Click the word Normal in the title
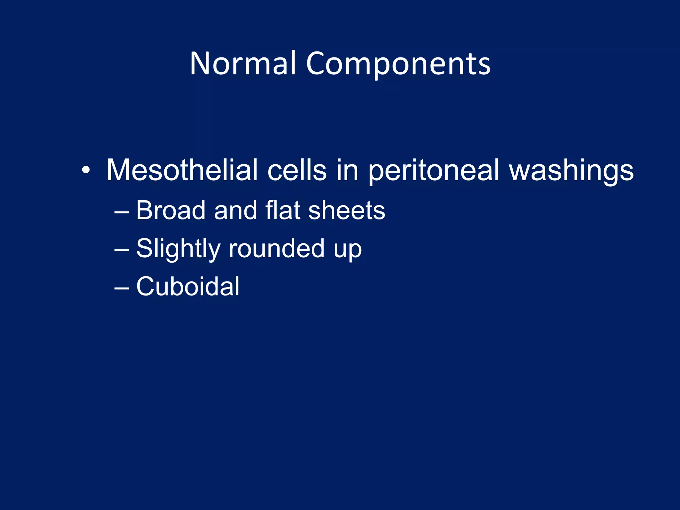(x=243, y=64)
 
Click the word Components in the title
(x=398, y=64)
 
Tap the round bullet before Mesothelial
(x=86, y=170)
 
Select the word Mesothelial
(x=182, y=170)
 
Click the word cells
(x=297, y=170)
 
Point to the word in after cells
(x=347, y=170)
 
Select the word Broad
(x=171, y=211)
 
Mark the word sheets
(x=346, y=211)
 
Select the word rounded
(x=277, y=248)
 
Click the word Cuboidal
(x=188, y=286)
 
